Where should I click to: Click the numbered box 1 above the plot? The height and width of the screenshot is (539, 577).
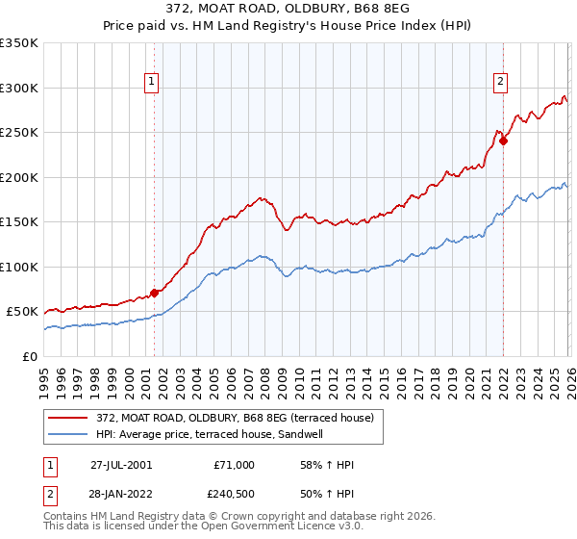(153, 83)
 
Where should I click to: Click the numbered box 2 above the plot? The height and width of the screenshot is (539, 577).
(501, 83)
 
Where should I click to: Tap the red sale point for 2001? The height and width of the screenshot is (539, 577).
(154, 293)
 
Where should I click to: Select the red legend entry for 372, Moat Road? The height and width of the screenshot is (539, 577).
(239, 417)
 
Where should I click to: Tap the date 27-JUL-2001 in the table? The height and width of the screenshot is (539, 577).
(121, 465)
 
